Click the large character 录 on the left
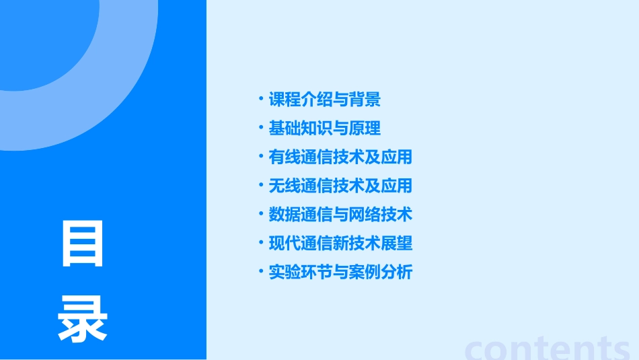pos(83,320)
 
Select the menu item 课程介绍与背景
pos(325,100)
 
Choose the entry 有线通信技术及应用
pos(340,157)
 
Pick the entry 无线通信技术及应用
pos(340,186)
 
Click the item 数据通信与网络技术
pos(340,215)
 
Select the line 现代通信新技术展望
pos(340,243)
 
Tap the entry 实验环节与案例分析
pos(340,272)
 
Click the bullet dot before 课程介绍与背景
pos(261,100)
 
